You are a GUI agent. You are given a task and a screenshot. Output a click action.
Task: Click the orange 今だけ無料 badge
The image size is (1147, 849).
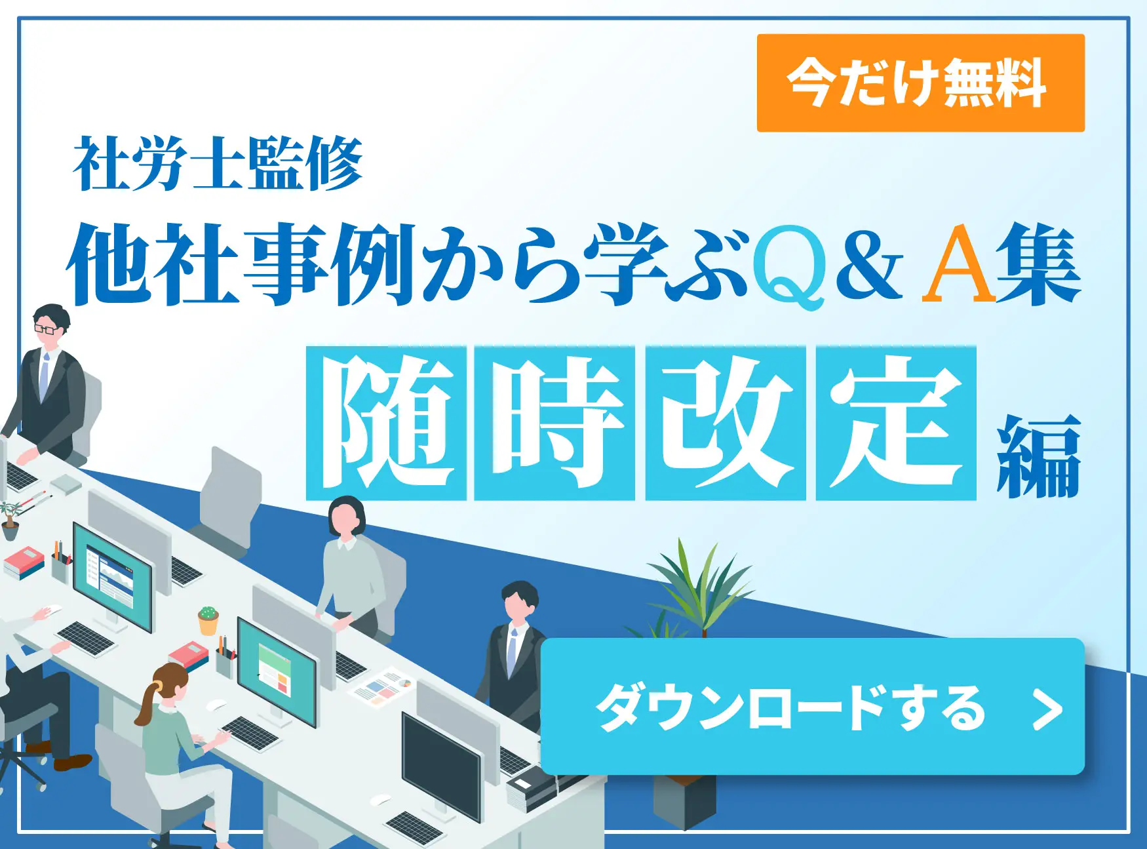(x=920, y=83)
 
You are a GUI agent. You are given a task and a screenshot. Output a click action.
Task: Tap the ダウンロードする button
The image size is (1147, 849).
(x=812, y=706)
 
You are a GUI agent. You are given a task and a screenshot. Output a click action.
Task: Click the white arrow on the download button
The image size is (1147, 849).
(x=1047, y=709)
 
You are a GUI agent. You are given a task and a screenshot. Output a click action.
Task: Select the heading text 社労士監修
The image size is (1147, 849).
(x=218, y=164)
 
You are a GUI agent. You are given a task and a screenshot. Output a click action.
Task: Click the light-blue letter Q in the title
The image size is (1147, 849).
(x=789, y=266)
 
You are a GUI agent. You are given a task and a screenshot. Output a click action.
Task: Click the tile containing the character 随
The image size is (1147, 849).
(x=386, y=424)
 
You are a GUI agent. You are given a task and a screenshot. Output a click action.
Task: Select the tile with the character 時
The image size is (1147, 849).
(x=554, y=424)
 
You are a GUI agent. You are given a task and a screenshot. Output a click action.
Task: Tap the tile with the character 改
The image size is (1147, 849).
(x=726, y=424)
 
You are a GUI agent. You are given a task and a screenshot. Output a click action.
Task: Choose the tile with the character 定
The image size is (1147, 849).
(x=896, y=424)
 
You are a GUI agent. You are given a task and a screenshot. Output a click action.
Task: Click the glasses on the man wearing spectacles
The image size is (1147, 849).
(x=45, y=329)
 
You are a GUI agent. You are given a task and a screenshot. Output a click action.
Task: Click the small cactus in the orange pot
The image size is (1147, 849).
(x=208, y=614)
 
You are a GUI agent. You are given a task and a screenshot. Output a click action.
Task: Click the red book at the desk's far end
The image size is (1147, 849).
(x=24, y=560)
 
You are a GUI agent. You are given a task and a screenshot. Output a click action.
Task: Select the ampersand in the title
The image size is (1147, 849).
(x=868, y=266)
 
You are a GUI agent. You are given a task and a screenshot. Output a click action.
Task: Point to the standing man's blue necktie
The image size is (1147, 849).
(x=512, y=652)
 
